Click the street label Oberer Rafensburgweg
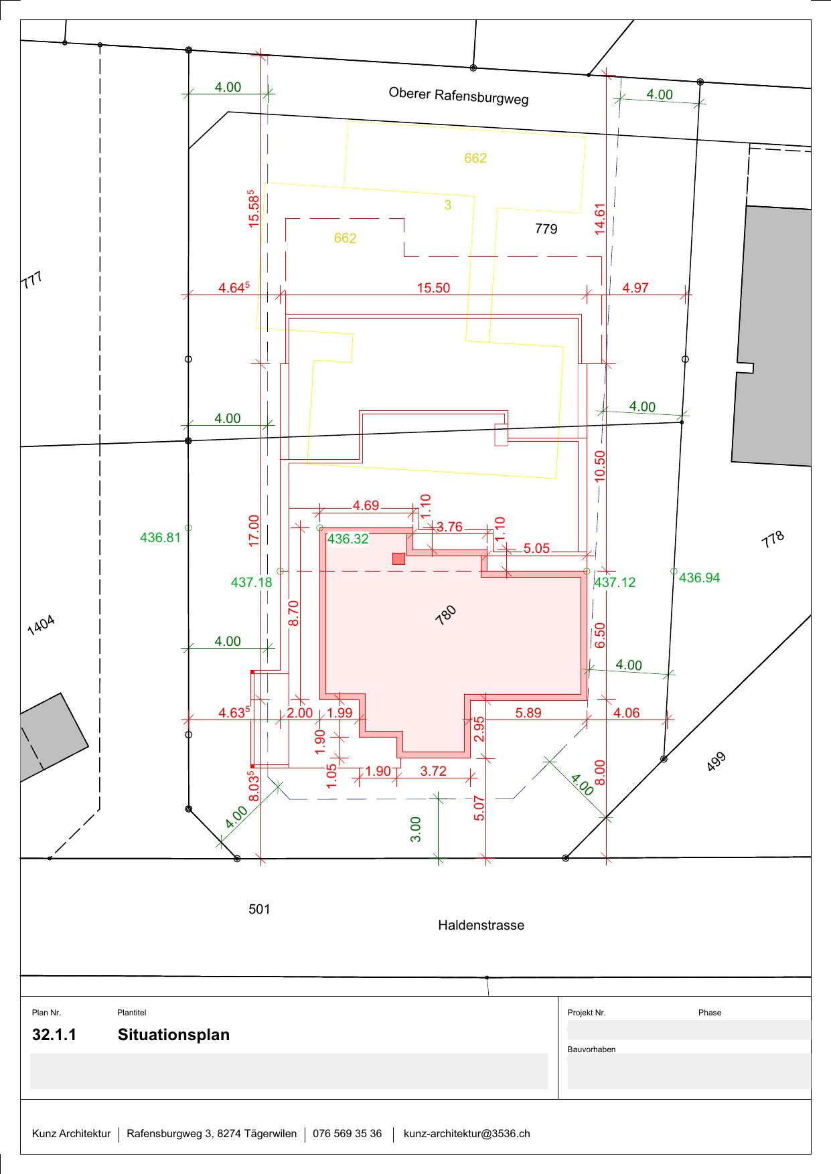point(459,96)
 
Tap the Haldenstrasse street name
point(481,925)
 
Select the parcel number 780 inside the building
point(446,615)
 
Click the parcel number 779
point(546,229)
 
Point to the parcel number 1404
point(41,625)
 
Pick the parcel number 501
point(259,909)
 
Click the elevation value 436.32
point(348,539)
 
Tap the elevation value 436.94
point(700,578)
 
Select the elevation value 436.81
point(161,537)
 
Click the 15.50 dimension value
point(433,288)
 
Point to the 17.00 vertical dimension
point(254,531)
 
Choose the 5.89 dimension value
point(528,713)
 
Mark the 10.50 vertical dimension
point(600,466)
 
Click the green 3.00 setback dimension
point(416,829)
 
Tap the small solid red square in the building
point(398,558)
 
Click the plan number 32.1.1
point(54,1035)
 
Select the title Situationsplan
point(174,1035)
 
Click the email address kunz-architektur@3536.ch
point(467,1133)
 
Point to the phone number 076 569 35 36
point(348,1133)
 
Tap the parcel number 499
point(716,762)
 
